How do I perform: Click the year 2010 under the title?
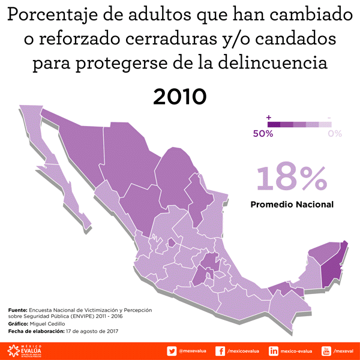tap(180, 96)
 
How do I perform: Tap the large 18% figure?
tap(292, 178)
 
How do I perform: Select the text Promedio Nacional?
tap(292, 205)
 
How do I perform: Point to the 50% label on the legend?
tap(263, 134)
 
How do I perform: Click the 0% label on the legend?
tap(335, 134)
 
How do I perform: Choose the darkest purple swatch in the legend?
tap(274, 124)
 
